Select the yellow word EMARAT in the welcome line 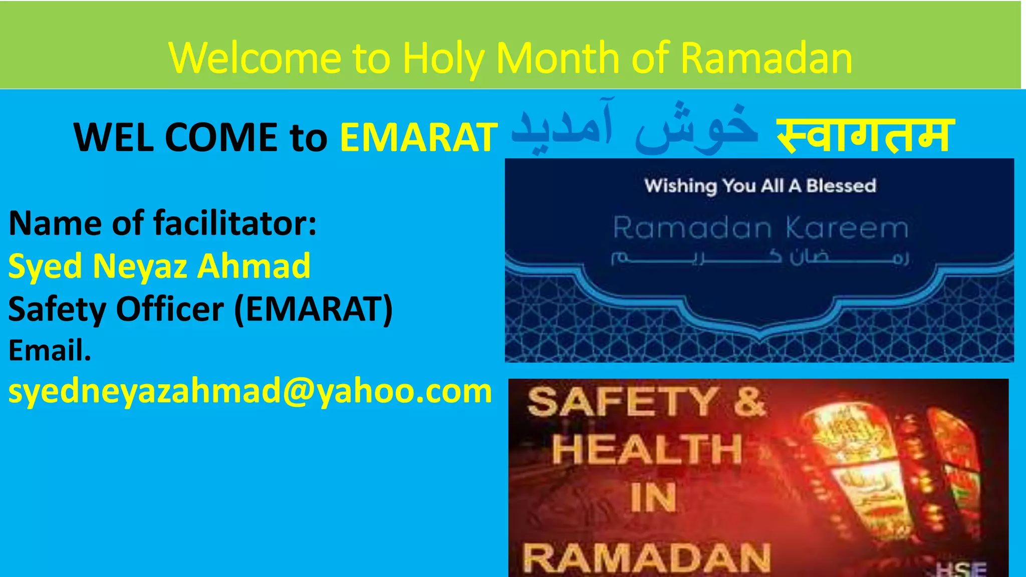[418, 137]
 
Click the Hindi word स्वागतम [865, 135]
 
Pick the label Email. [50, 350]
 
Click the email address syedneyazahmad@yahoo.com [250, 391]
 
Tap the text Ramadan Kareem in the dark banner [760, 228]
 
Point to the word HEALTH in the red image [647, 449]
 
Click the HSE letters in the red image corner [961, 569]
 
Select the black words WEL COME [175, 137]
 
